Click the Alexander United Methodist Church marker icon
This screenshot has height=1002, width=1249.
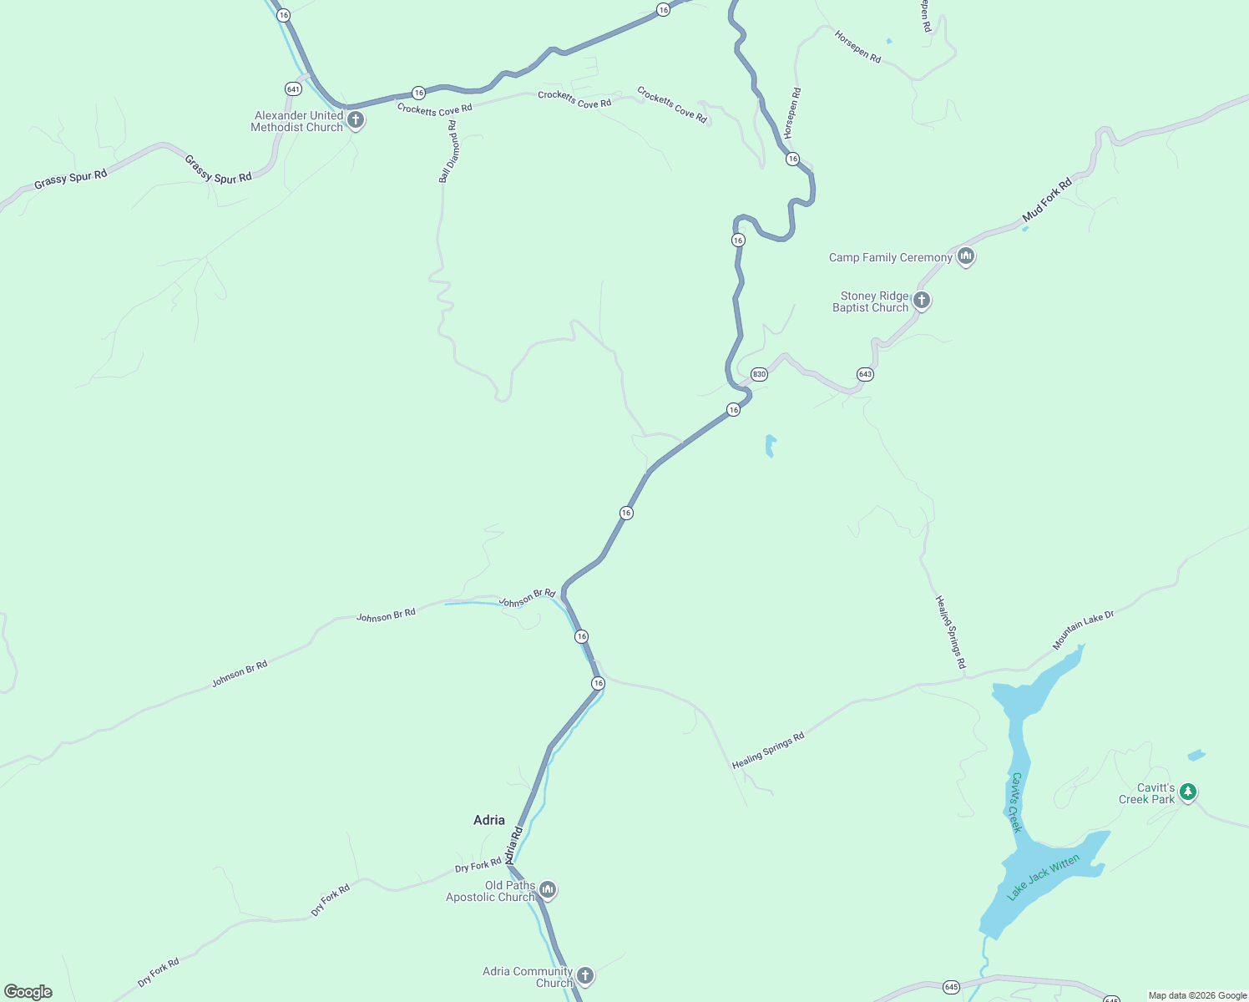pos(356,120)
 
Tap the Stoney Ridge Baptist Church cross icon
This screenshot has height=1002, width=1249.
pos(922,301)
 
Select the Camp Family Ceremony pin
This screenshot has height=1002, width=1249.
pos(966,256)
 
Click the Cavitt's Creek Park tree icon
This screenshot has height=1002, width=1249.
pos(1188,792)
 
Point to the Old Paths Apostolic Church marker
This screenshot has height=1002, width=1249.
pos(548,890)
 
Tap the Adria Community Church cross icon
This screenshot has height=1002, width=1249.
pos(586,975)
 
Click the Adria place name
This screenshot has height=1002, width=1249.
pos(489,820)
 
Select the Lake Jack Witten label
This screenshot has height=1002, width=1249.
pos(1044,877)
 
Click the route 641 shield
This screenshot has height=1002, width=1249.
pos(293,89)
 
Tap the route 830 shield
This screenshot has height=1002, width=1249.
pos(759,374)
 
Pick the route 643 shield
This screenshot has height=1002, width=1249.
pos(865,374)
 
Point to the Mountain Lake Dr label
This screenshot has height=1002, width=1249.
pos(1083,630)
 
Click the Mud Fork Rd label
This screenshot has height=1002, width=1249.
pos(1047,200)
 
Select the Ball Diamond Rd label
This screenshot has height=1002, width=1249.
pos(448,151)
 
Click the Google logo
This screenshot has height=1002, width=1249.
pos(28,992)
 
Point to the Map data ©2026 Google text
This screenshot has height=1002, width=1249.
pos(1197,995)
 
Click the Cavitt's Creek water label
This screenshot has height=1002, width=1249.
pos(1015,802)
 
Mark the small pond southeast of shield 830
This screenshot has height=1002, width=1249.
pos(770,445)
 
